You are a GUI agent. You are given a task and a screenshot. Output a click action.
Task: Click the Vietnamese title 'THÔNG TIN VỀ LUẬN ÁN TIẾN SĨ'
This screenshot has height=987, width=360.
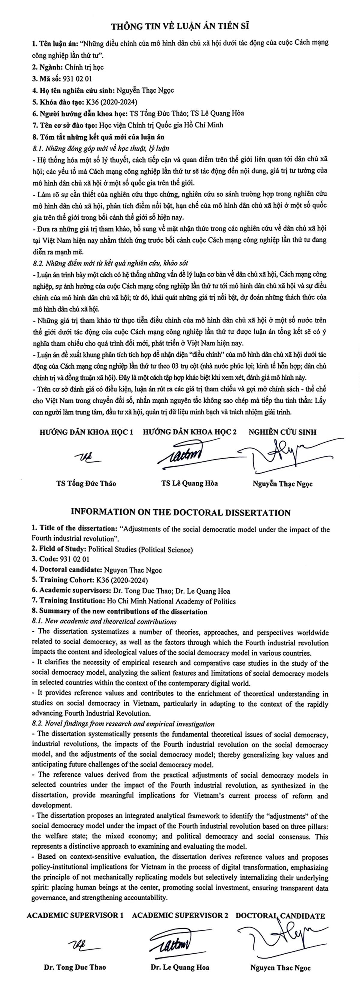(x=180, y=26)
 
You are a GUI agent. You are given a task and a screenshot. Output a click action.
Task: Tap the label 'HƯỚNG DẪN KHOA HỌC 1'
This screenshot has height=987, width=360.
(x=86, y=432)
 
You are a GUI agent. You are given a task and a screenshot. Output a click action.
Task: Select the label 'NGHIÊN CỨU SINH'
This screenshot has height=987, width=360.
(x=283, y=432)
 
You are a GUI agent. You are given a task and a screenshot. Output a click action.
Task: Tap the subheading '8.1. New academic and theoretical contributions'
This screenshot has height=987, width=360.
(x=104, y=621)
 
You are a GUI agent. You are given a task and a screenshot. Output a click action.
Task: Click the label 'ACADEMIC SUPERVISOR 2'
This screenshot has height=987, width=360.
(x=180, y=916)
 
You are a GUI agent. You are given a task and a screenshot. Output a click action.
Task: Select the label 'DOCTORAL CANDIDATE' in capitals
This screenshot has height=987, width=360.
(x=280, y=916)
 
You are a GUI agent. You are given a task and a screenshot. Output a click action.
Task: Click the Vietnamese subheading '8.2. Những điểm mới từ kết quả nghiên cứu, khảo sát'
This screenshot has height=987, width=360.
(x=110, y=263)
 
